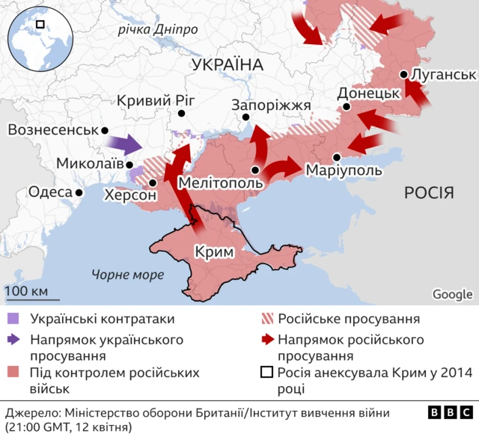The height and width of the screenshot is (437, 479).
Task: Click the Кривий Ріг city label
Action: click(156, 101)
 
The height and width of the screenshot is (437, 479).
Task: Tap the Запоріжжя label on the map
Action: click(271, 106)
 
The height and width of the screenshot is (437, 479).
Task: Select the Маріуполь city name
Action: click(344, 171)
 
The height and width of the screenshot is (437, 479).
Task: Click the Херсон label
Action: click(131, 195)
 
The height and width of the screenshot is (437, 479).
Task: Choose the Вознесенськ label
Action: click(52, 130)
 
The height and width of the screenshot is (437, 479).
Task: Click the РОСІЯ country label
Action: click(429, 193)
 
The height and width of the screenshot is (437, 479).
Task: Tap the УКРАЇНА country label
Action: click(228, 65)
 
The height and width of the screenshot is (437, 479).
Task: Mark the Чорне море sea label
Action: click(127, 275)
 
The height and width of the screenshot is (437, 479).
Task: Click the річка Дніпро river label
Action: click(158, 30)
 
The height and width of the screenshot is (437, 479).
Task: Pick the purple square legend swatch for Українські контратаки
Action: click(13, 319)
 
